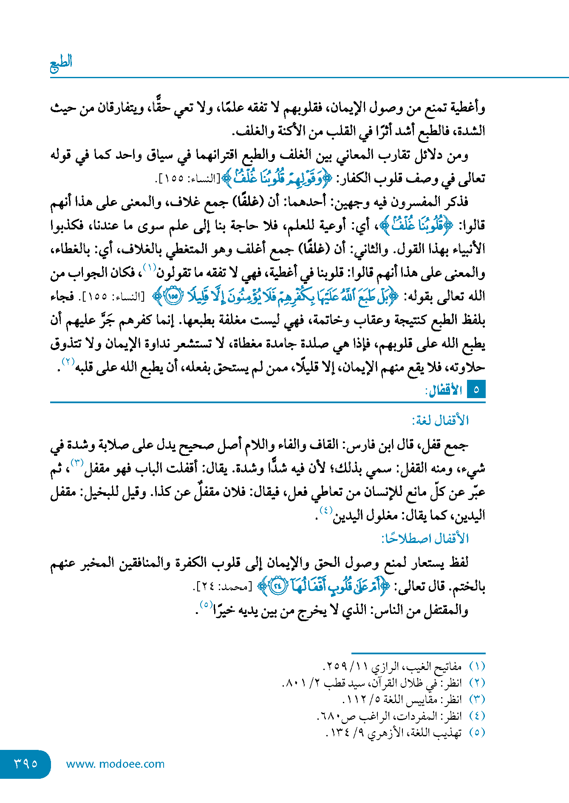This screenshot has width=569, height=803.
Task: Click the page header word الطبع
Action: [x=61, y=63]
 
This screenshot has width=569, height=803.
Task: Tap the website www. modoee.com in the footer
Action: [x=115, y=764]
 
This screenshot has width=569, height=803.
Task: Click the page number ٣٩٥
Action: [x=26, y=763]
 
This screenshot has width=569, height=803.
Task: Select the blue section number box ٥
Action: [x=476, y=390]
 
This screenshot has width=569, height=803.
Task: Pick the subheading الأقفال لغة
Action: [x=440, y=421]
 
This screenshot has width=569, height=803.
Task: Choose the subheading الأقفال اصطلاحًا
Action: [x=425, y=539]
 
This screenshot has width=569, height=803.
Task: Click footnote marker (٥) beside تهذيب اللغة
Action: [x=477, y=732]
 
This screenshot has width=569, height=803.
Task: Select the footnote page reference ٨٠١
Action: [x=292, y=683]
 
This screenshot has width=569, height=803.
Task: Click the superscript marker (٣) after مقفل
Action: [x=77, y=463]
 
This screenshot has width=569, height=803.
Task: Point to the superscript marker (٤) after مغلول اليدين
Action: [x=326, y=510]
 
